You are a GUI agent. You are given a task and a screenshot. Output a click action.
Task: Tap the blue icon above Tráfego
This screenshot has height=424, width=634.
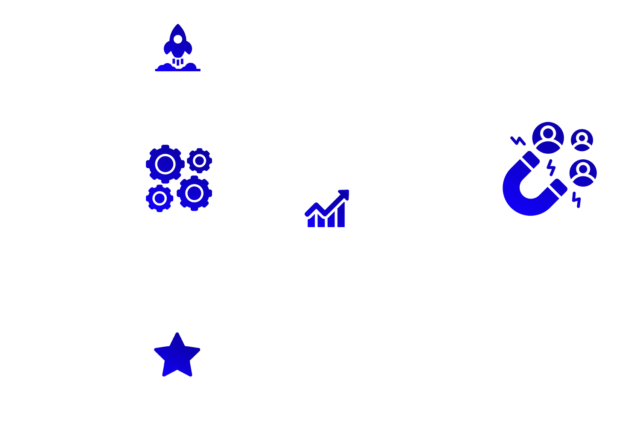(175, 47)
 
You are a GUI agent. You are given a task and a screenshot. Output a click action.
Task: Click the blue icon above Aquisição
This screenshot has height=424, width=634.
(326, 208)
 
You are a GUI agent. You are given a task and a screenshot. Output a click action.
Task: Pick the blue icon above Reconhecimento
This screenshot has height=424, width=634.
(175, 354)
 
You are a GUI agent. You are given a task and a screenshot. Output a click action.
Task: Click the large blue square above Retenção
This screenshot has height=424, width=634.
(550, 169)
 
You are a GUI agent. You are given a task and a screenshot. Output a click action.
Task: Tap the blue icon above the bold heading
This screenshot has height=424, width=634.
(179, 178)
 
